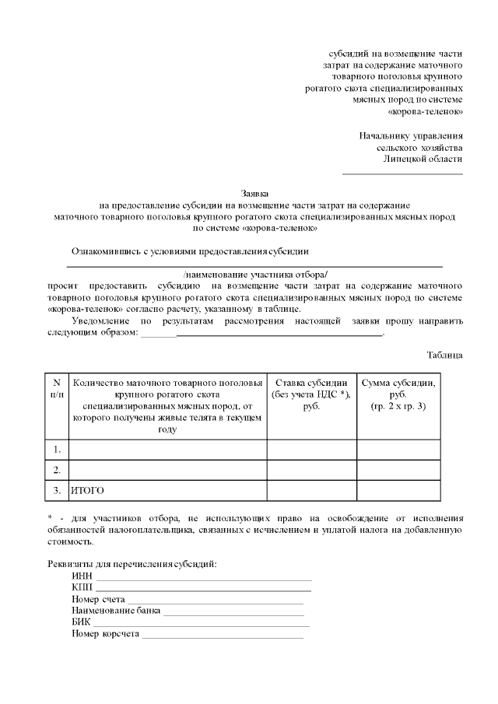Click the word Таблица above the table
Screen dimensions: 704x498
(444, 355)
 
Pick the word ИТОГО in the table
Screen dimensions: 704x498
(87, 491)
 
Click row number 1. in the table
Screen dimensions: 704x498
(56, 450)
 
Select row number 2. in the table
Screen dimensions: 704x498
(56, 470)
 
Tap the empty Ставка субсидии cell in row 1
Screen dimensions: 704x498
(311, 450)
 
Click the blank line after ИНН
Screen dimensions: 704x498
(202, 579)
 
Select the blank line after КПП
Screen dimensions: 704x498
(202, 590)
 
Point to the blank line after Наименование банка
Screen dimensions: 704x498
(233, 614)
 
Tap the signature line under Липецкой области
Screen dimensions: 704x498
(402, 173)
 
